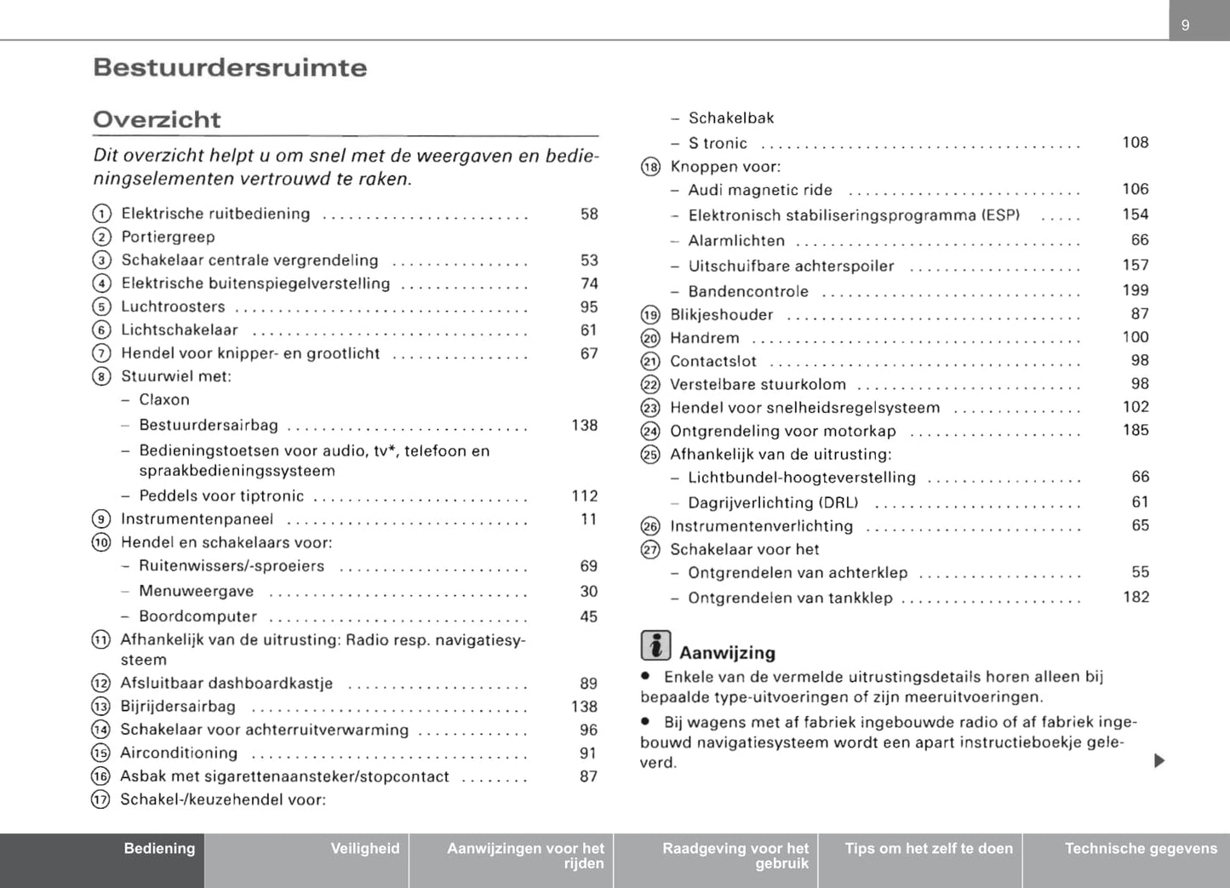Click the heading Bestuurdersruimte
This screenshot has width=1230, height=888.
[230, 68]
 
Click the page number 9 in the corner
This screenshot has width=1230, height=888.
[1185, 26]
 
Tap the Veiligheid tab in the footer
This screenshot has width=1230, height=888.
[364, 849]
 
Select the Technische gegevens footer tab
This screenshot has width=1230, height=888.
[1141, 849]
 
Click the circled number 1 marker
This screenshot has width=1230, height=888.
[101, 214]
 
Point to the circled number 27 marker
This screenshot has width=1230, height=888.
[650, 550]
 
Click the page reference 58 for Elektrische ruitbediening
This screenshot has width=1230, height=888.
[589, 214]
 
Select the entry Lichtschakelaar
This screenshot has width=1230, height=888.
[180, 330]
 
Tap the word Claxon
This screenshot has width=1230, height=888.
[164, 400]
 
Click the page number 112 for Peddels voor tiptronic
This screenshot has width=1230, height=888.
[584, 496]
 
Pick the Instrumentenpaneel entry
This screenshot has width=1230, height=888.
[197, 519]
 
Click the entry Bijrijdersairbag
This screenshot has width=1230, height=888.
[178, 707]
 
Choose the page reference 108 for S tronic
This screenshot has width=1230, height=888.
[1135, 142]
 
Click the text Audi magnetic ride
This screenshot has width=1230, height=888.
[760, 190]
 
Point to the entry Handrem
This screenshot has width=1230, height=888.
[705, 338]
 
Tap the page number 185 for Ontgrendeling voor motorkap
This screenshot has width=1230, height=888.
[1135, 431]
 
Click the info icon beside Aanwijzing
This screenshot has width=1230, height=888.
[655, 645]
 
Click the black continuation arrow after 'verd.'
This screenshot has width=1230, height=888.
[1158, 760]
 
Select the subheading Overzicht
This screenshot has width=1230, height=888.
[157, 120]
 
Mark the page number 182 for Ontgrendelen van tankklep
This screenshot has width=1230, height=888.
[1136, 598]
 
